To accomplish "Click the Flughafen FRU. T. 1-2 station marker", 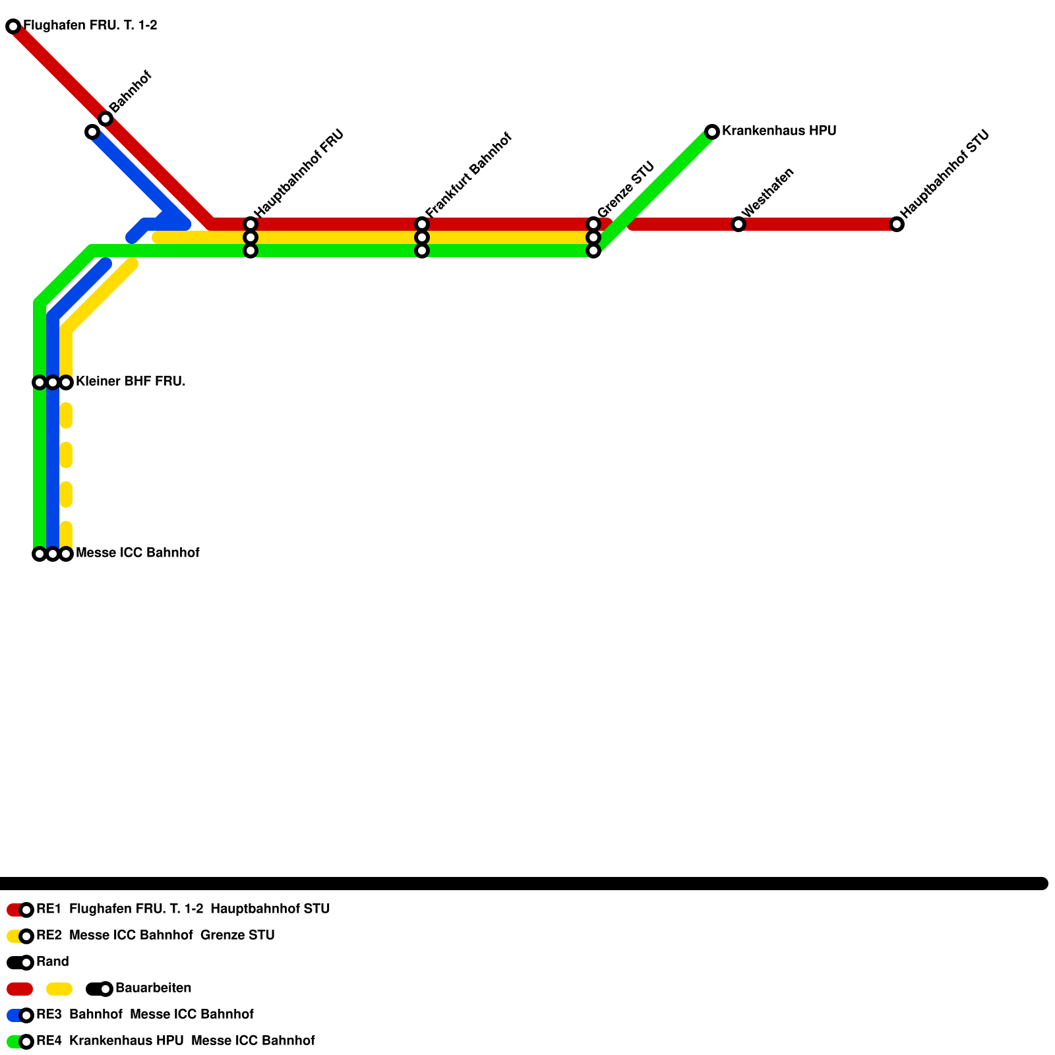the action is (x=13, y=26).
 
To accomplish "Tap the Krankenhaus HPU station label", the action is (x=779, y=131).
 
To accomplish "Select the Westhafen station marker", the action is (x=738, y=224).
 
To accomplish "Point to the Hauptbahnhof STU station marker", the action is (x=897, y=224).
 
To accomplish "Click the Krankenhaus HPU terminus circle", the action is (x=712, y=132).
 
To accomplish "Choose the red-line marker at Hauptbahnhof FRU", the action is (x=251, y=224).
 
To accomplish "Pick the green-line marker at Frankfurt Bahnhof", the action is (x=422, y=251).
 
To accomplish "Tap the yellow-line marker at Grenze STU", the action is (x=593, y=237).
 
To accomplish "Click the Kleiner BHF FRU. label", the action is (x=131, y=381).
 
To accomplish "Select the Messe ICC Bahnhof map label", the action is (x=137, y=553).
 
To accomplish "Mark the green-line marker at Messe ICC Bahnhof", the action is (x=40, y=554).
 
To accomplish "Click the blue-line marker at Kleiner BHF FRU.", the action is (x=53, y=382).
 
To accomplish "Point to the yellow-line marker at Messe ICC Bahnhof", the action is (x=66, y=554).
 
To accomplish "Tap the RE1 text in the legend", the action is (x=49, y=909).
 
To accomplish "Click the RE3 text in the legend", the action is (x=49, y=1014).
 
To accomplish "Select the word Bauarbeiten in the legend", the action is (x=153, y=988).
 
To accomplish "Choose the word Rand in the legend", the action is (x=53, y=961).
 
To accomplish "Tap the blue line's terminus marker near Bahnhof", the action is (x=92, y=132).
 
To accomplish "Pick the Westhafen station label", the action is (x=768, y=193).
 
